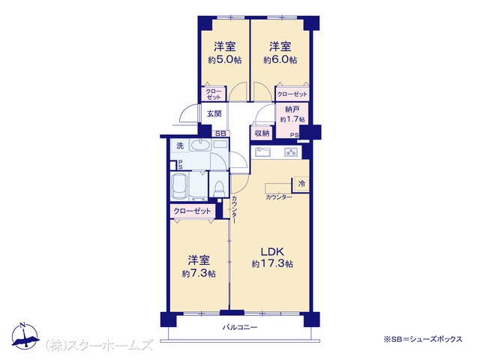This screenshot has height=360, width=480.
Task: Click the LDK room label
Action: tap(272, 252)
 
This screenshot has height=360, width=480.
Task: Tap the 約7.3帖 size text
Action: tap(199, 273)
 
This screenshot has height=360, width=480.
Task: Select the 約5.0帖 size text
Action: tap(225, 60)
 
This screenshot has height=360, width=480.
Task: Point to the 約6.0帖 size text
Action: tap(280, 60)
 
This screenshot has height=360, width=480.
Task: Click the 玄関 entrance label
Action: tap(214, 114)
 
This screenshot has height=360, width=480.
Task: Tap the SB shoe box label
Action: tap(220, 133)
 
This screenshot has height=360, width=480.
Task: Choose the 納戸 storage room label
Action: tap(292, 109)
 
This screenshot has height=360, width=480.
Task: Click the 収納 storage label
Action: tap(262, 133)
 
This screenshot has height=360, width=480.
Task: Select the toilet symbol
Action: tap(219, 188)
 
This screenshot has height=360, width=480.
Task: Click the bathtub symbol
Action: tap(180, 185)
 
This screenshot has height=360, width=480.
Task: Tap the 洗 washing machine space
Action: tap(180, 145)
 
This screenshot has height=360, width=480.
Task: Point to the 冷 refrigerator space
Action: tap(301, 184)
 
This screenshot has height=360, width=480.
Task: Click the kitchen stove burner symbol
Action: tap(292, 151)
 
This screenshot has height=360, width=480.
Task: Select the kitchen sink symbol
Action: tap(263, 152)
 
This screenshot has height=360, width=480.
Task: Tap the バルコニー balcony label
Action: tap(240, 327)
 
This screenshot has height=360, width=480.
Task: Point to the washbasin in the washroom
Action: tap(200, 145)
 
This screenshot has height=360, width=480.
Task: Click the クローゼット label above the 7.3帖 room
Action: tap(192, 211)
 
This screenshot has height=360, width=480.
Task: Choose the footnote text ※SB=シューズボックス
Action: tap(423, 339)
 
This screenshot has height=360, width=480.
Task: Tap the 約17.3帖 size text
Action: tap(272, 263)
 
